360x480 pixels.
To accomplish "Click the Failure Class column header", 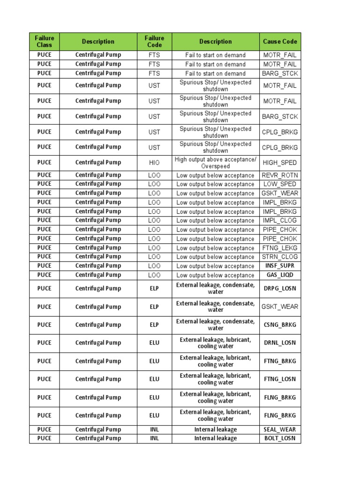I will point(44,42).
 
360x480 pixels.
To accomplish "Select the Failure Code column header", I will point(154,42).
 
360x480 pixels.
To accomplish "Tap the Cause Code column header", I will point(280,42).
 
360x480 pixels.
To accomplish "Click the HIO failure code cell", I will point(154,163).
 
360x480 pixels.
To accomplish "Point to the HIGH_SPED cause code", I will point(280,163).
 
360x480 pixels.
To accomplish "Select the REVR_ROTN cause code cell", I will point(280,175).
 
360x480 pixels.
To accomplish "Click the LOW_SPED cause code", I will point(280,184).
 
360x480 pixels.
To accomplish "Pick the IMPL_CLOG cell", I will point(280,220).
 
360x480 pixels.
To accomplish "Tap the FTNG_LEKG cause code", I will point(280,248).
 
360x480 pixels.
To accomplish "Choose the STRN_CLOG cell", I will point(280,257).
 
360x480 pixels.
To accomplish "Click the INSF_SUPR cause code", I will point(280,266).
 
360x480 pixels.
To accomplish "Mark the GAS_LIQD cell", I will point(280,275).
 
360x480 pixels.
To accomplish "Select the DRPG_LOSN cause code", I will point(280,289).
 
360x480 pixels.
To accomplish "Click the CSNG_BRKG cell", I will point(280,325).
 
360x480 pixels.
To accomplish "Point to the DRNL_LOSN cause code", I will point(280,343).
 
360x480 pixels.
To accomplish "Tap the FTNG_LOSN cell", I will point(280,379).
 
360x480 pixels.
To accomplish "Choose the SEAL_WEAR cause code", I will point(280,429).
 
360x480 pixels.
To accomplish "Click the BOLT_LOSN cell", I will point(280,439).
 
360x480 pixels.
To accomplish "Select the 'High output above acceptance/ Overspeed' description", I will point(215,163).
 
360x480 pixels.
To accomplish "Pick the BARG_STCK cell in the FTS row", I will point(280,74).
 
